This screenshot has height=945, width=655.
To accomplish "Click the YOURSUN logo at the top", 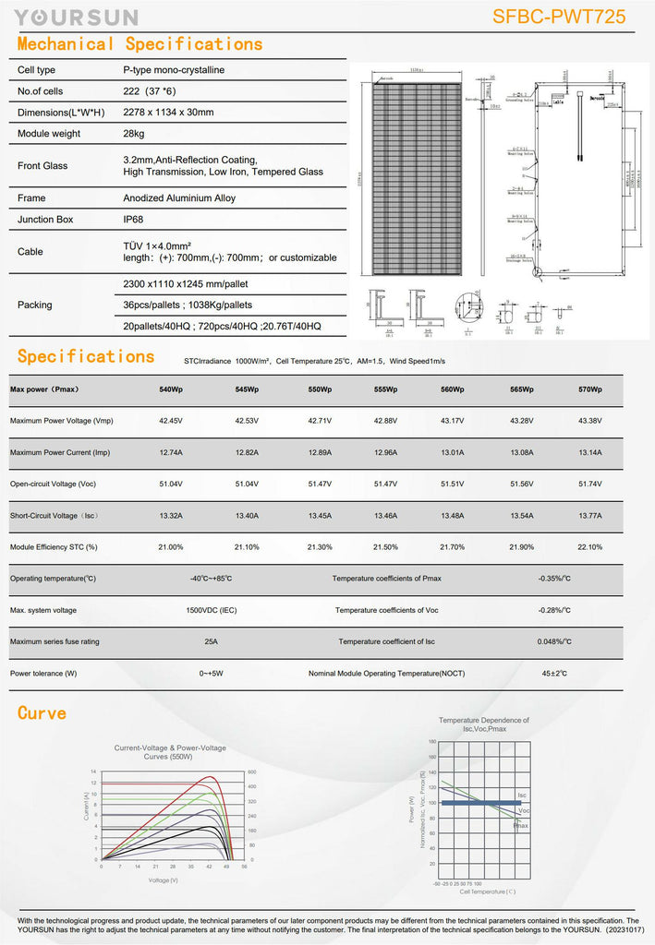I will tap(76, 17).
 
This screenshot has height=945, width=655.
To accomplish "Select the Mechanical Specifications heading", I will tap(139, 43).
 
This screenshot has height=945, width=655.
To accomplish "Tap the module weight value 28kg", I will tap(135, 134).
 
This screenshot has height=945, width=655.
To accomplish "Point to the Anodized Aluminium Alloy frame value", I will tap(179, 197).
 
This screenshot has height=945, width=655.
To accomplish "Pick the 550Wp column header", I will tap(320, 389).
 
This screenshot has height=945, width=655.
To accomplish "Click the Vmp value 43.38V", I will tap(589, 421).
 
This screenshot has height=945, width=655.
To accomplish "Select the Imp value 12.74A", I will tap(171, 452).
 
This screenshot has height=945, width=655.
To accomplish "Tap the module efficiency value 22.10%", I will tap(589, 547).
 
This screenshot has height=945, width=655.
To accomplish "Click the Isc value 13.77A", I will tap(589, 516).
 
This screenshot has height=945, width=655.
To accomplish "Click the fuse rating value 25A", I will tap(211, 641).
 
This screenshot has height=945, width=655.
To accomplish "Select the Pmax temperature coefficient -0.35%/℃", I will tap(554, 579).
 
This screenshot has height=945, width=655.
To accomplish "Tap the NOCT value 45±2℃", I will tap(554, 674).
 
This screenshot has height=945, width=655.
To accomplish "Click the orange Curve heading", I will tap(42, 713).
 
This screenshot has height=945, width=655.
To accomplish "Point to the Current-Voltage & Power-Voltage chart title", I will tap(170, 752).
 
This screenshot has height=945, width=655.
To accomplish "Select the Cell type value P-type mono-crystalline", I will tap(174, 70).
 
